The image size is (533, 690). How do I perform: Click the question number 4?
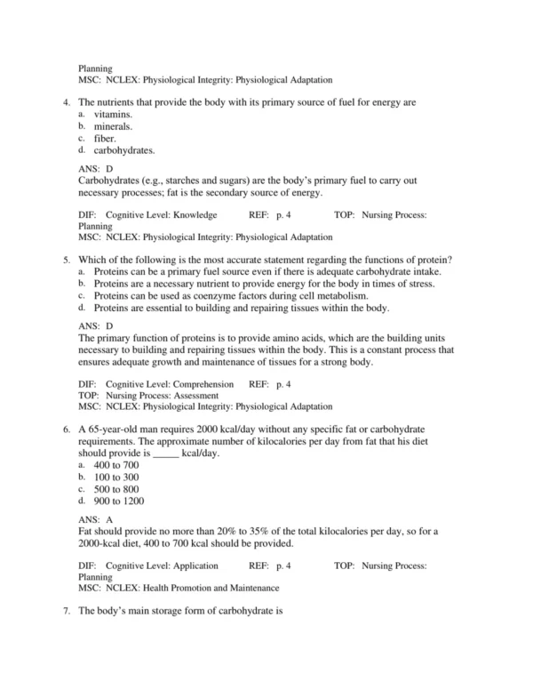(67, 103)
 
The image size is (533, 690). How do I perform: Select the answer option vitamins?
(113, 115)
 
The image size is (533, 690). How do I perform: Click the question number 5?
(67, 260)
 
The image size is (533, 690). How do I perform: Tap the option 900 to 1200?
(118, 501)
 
